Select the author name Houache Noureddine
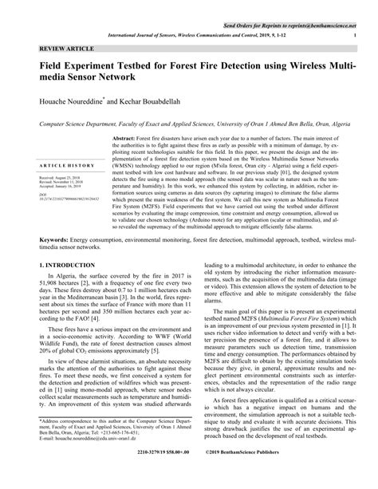(x=77, y=104)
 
